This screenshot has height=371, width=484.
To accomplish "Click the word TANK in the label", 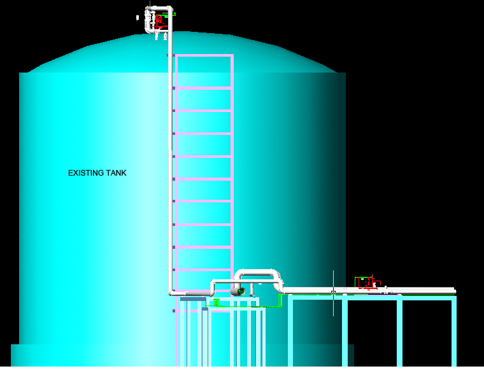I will (117, 173).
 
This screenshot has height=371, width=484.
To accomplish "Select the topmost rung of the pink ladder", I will (204, 56).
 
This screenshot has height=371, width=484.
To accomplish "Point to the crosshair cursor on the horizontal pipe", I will (333, 292).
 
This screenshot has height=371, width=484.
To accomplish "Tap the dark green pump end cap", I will (241, 291).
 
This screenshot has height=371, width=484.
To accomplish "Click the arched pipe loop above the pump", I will (258, 274).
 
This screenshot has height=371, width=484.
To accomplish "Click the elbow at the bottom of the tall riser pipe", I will (173, 291).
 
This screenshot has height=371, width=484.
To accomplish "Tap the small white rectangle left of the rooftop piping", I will (138, 18).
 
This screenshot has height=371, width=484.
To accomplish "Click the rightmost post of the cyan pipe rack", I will (455, 331).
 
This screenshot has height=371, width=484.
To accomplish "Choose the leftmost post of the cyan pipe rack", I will (290, 331).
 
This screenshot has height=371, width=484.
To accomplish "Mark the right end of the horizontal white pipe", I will (453, 291).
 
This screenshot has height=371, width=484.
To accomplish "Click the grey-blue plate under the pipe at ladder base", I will (193, 298).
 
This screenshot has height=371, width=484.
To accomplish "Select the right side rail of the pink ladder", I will (232, 172).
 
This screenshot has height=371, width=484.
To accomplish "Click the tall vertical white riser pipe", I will (171, 159).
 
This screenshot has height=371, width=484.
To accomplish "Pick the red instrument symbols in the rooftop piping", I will (158, 20).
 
